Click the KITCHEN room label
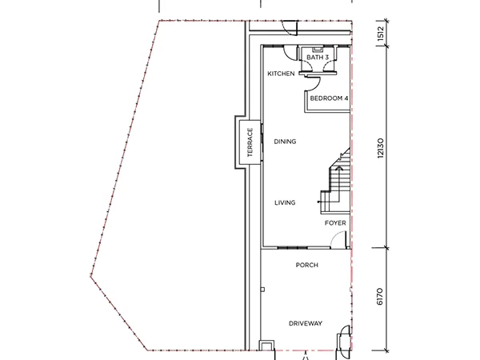pos(281,74)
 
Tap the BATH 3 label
pos(318,58)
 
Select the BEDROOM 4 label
pos(329,98)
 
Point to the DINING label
pos(285,142)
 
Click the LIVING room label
pos(285,202)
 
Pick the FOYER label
pos(335,223)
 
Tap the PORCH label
pos(306,265)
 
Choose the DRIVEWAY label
pos(306,323)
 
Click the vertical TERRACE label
pos(250,142)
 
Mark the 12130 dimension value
pos(380,148)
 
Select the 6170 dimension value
pos(379,296)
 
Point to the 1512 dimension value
pos(381,34)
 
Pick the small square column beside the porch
pos(262,290)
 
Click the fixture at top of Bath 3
pos(318,49)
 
